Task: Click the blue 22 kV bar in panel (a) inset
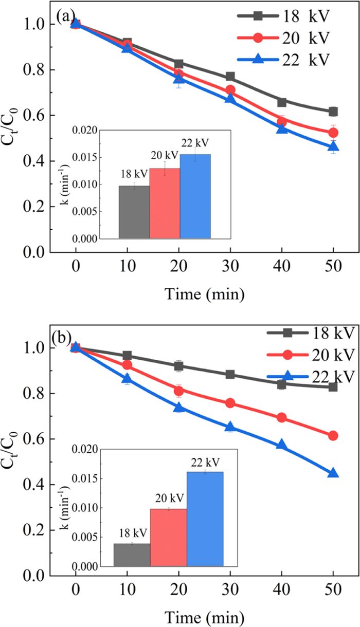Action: (195, 196)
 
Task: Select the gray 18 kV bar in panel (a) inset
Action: (134, 212)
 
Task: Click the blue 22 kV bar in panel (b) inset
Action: (205, 519)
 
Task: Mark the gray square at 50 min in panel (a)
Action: (333, 112)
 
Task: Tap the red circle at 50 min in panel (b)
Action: (333, 435)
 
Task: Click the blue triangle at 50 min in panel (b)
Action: (333, 473)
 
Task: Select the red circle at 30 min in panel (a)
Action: (230, 90)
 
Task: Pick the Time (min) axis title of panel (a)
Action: (204, 294)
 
